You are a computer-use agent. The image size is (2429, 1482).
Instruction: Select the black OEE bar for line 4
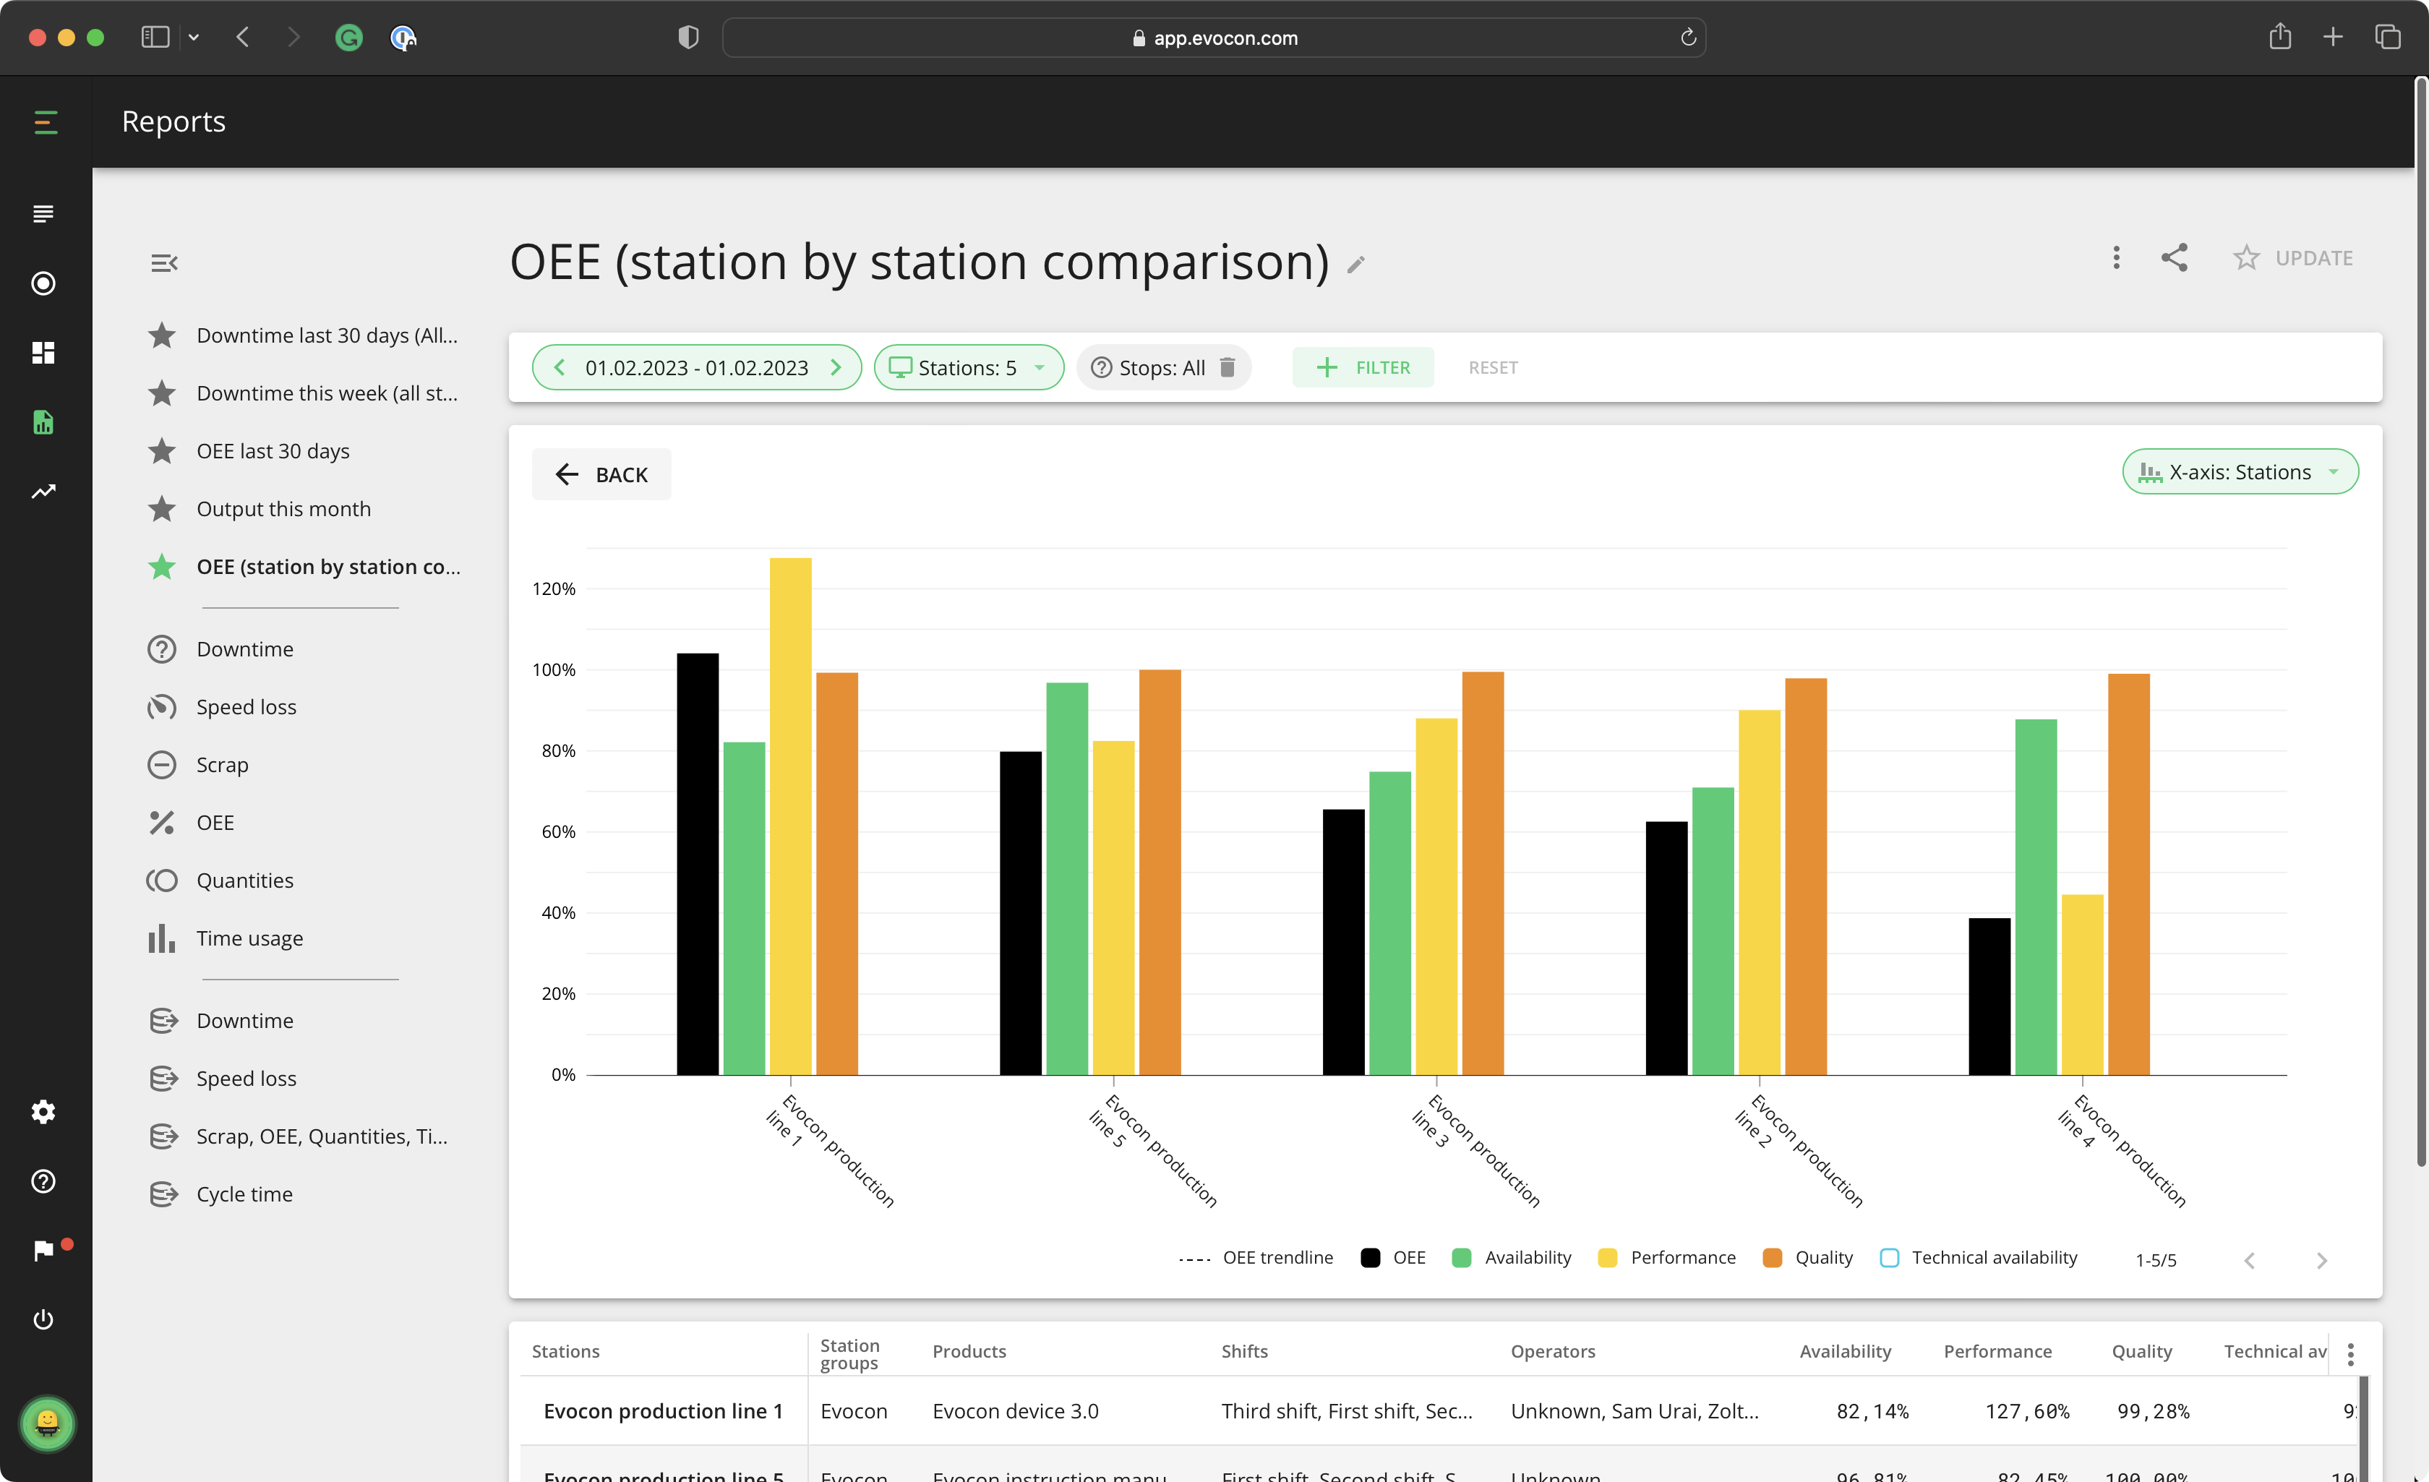(x=1989, y=996)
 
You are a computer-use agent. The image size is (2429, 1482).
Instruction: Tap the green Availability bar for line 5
(x=1066, y=878)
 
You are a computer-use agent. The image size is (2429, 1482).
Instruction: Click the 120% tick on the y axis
(x=553, y=588)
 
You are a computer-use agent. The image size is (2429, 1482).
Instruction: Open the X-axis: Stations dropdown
(x=2240, y=472)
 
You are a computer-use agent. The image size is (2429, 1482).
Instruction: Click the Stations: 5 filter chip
(x=968, y=368)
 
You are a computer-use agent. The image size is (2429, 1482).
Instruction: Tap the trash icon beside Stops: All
(x=1228, y=368)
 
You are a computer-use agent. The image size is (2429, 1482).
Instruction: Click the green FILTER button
(x=1363, y=368)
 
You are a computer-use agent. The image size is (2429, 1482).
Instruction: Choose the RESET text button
(x=1493, y=368)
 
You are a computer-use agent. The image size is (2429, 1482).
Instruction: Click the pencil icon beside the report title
(x=1356, y=265)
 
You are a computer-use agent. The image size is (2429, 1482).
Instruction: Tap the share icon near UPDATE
(x=2175, y=257)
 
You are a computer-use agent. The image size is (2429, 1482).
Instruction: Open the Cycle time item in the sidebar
(x=244, y=1194)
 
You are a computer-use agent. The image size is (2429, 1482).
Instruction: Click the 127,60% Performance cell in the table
(x=2027, y=1411)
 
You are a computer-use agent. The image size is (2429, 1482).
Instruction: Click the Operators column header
(x=1553, y=1351)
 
